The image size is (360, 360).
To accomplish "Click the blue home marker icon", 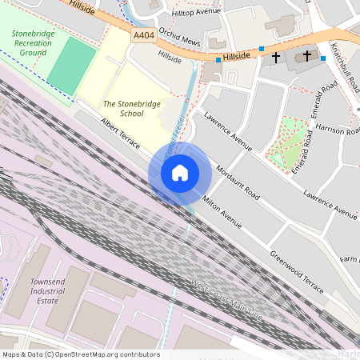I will [x=180, y=173].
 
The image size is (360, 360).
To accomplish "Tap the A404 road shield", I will [x=144, y=36].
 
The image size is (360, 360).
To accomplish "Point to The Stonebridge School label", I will [x=123, y=108].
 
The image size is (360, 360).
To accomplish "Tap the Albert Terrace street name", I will [x=120, y=134].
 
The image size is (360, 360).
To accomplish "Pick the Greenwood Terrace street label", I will [x=296, y=271].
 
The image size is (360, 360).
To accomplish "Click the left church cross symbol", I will [x=276, y=58].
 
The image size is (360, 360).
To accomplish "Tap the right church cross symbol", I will [x=307, y=55].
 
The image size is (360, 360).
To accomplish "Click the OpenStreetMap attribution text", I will [x=80, y=354].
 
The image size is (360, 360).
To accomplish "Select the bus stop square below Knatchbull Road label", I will [x=323, y=58].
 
